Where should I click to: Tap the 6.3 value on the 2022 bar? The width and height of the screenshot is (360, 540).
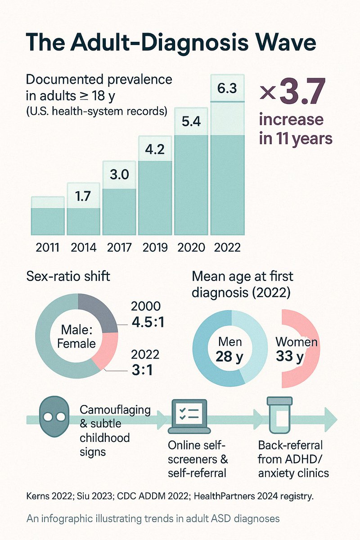pos(227,89)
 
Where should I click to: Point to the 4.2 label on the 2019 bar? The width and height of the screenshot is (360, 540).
pos(155,148)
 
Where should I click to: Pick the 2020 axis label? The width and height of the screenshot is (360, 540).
pos(191,247)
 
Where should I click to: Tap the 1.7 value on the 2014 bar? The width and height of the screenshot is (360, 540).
pos(83,196)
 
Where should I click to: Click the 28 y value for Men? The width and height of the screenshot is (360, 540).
pos(230,357)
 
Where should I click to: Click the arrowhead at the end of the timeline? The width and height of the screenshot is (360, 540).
pos(331,419)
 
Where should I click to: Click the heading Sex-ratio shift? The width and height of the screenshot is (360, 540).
pos(68,276)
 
